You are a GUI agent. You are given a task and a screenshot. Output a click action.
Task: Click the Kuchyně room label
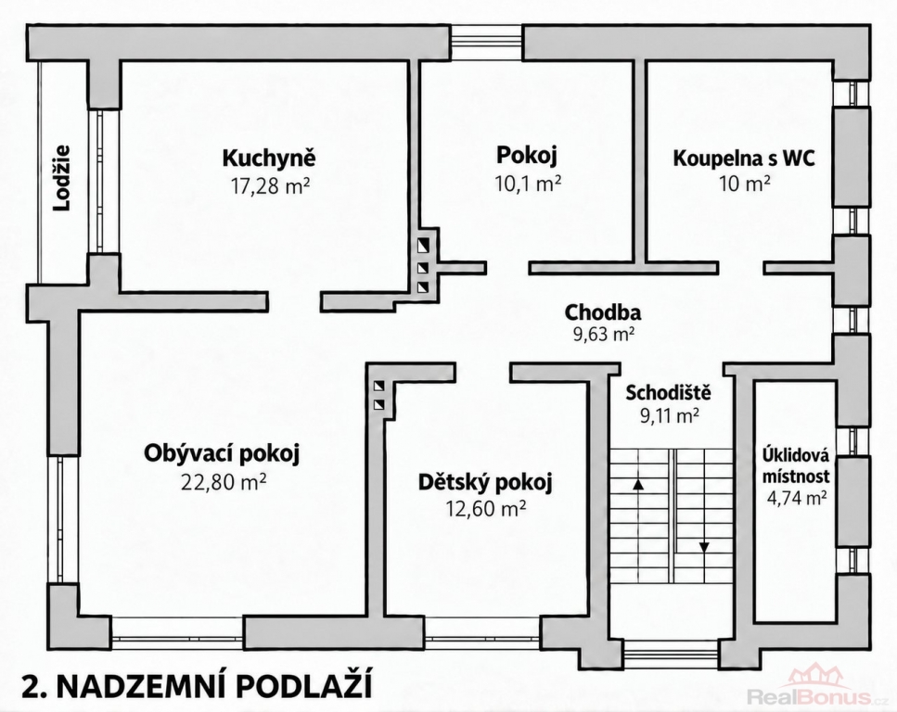[269, 158]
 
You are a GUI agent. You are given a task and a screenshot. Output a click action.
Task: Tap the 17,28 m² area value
[270, 185]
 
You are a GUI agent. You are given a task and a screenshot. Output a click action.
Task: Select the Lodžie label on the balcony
[62, 178]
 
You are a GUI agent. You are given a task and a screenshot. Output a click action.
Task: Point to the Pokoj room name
[527, 155]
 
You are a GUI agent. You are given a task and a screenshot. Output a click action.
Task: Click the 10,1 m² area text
[528, 183]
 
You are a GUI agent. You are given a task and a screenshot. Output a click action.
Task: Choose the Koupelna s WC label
[744, 158]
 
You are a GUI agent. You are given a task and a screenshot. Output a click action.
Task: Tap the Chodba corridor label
[603, 312]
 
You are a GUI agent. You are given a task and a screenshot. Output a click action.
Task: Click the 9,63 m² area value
[604, 335]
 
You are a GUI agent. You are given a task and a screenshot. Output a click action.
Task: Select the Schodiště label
[668, 393]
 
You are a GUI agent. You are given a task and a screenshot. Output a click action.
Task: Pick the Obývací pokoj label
[222, 454]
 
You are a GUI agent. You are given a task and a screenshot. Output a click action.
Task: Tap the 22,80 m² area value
[224, 483]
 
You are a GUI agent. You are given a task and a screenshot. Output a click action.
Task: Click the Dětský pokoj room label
[485, 483]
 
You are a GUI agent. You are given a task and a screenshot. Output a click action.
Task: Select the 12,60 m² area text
[486, 508]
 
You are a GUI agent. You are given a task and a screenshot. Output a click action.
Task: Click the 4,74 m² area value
[796, 498]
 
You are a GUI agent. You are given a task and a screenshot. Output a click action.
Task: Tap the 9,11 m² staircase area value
[670, 416]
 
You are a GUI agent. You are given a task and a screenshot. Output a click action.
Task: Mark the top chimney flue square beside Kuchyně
[423, 246]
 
